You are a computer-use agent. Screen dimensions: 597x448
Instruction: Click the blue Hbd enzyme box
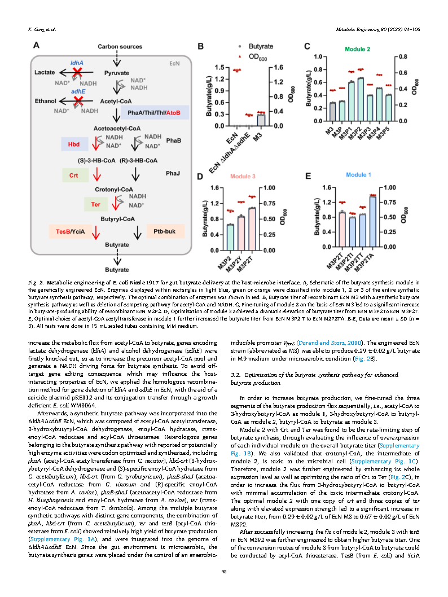coord(74,144)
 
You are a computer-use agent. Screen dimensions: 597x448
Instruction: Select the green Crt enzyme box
coord(73,175)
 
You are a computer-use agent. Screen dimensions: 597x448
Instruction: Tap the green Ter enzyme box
coord(95,204)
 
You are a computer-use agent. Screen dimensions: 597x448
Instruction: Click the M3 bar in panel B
coord(260,120)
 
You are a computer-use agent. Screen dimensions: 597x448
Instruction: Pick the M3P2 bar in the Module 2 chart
coord(361,99)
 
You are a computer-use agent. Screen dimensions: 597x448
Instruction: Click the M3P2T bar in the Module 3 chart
coord(252,229)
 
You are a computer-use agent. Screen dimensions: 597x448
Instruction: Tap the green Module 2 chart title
coord(357,49)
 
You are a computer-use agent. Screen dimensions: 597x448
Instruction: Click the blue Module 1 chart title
coord(358,175)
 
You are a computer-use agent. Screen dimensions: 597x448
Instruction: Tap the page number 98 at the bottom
coord(224,572)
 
